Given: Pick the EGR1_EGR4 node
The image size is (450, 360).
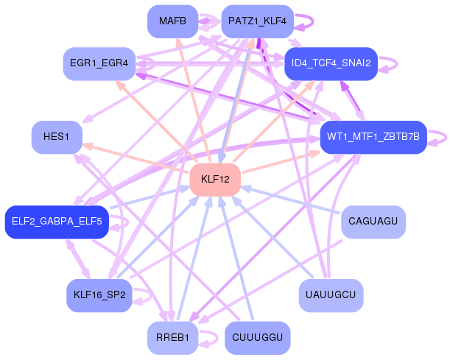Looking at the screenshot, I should click(x=99, y=64).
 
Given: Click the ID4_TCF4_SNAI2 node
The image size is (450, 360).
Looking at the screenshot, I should click(x=331, y=64).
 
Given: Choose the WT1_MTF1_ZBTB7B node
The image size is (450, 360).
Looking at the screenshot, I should click(x=373, y=137).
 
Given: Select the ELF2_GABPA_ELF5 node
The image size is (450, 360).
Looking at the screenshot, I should click(x=57, y=222).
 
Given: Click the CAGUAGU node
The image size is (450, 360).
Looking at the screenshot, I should click(x=373, y=222).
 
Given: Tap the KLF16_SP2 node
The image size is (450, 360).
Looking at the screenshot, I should click(x=99, y=295).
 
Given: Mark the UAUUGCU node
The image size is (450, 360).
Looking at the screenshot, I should click(x=331, y=295).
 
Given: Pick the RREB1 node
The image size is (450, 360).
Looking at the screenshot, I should click(x=173, y=338).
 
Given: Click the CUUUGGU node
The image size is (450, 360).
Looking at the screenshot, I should click(x=257, y=338).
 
